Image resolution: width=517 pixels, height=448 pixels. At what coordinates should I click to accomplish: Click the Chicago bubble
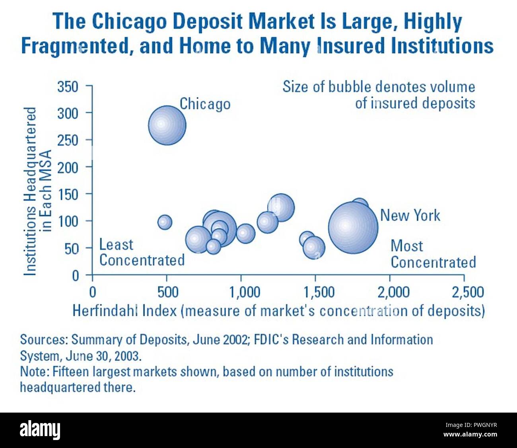[x=167, y=125]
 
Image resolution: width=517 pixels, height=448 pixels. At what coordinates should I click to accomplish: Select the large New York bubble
[x=353, y=228]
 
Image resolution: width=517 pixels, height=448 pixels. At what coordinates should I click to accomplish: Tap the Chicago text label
[x=205, y=104]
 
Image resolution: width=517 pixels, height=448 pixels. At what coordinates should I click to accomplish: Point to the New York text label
[x=410, y=215]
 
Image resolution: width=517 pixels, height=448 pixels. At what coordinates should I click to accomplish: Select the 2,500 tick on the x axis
[x=468, y=292]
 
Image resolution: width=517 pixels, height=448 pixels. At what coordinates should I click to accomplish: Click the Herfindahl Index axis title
[x=278, y=311]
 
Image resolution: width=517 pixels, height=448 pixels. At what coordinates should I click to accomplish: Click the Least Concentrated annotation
[x=142, y=252]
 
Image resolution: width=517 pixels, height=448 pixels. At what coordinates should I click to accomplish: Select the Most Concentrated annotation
[x=433, y=254]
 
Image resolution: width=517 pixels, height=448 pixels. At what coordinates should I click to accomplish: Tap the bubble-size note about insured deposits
[x=379, y=95]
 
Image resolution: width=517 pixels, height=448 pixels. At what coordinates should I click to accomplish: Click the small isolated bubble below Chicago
[x=165, y=222]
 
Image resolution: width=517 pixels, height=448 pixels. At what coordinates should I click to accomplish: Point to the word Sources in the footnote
[x=44, y=339]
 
